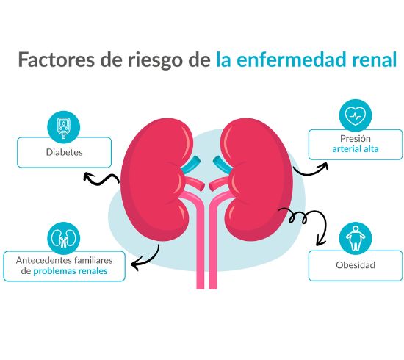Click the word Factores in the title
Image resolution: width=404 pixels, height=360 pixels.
[57, 60]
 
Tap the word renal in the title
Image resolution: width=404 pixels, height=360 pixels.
[375, 60]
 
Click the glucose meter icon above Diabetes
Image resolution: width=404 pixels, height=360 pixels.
[63, 127]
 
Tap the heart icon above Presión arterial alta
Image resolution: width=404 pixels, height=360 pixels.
[356, 115]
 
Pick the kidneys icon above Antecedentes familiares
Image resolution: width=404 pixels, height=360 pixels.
[63, 239]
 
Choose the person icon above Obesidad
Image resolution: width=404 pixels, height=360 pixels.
[356, 238]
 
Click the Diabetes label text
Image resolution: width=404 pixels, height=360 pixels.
[65, 152]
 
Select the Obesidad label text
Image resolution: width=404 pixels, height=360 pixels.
[356, 265]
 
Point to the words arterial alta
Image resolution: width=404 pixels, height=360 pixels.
[356, 149]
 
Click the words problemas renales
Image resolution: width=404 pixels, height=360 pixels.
[71, 271]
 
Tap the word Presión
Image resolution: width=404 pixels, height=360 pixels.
[356, 139]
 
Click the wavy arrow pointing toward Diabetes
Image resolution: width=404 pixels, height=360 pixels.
[101, 179]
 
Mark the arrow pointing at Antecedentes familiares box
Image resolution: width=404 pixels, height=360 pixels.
[148, 261]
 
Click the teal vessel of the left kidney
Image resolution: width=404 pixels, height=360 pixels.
[191, 165]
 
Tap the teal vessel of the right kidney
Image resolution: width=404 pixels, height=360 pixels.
[223, 165]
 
